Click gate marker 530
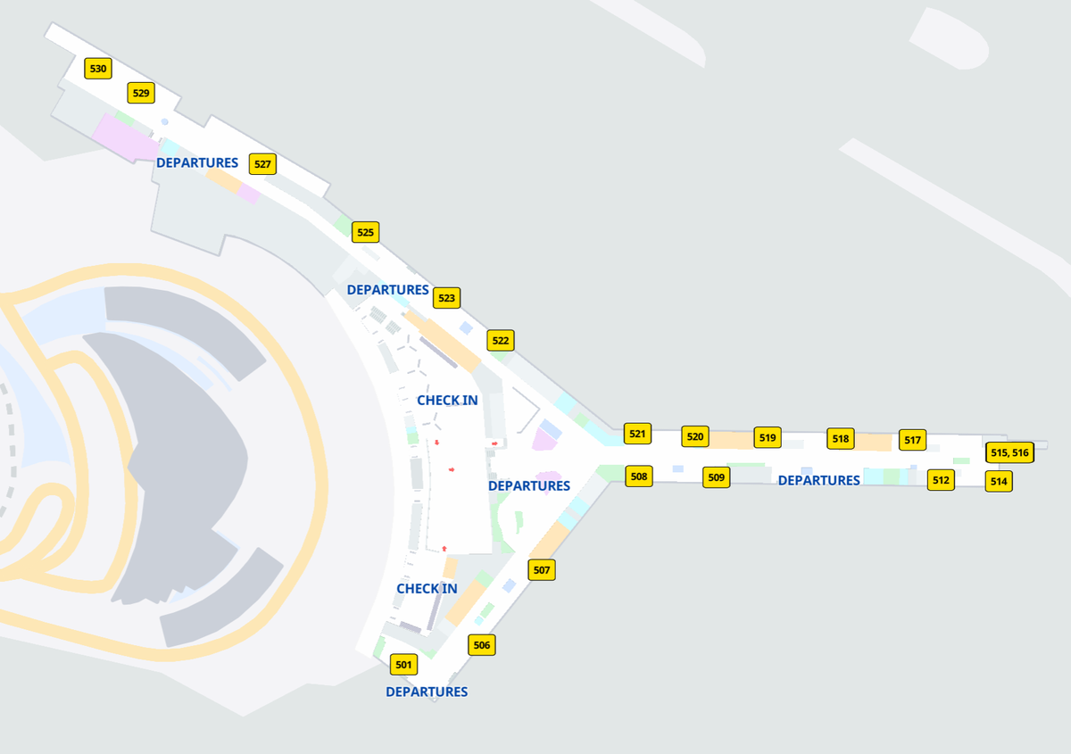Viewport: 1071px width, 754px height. pos(98,69)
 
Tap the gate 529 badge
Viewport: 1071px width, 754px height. pos(141,93)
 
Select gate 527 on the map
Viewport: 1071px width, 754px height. pos(262,164)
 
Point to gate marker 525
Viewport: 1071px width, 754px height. pos(366,232)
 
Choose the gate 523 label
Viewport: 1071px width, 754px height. pos(447,298)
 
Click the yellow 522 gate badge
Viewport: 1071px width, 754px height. pos(501,341)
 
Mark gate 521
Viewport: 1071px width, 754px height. pos(637,435)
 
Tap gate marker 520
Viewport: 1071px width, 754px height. pos(695,437)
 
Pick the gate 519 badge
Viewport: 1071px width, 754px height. pos(768,438)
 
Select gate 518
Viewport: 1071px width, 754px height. pos(841,439)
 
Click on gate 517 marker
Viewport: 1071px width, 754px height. pos(912,440)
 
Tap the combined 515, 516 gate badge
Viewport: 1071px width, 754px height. pos(1009,453)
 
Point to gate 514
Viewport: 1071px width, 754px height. pos(999,482)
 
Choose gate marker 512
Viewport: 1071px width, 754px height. pos(941,481)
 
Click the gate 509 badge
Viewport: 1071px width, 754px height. pos(717,478)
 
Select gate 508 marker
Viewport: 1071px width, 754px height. pos(639,476)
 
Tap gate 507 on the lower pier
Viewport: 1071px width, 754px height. pos(542,570)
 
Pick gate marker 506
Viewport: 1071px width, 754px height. pos(482,645)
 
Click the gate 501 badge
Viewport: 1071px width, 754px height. pos(404,665)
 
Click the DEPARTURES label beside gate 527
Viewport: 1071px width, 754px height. pos(197,163)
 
